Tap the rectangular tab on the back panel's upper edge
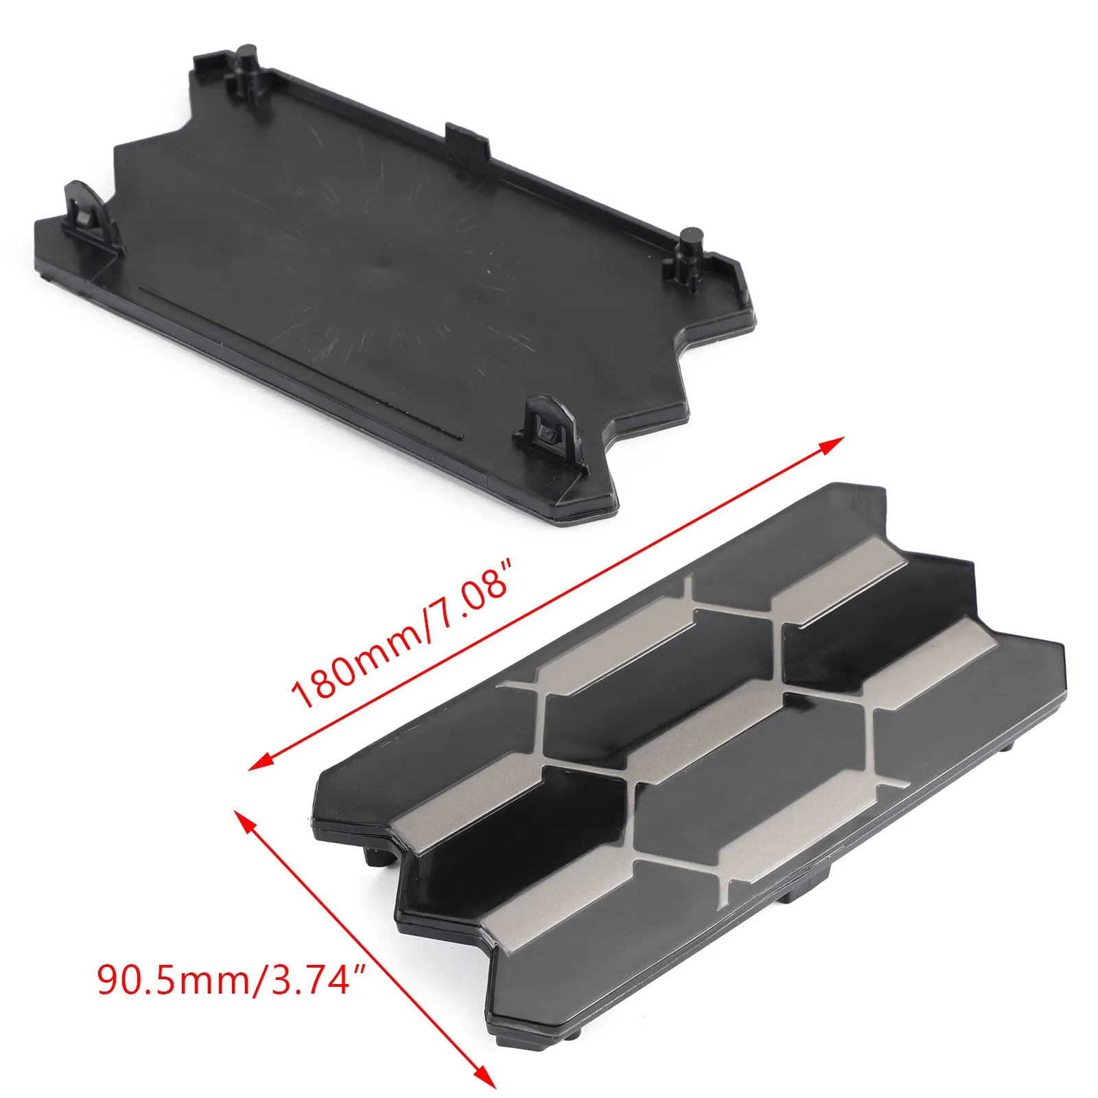[x=467, y=140]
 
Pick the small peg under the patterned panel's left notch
[x=374, y=854]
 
